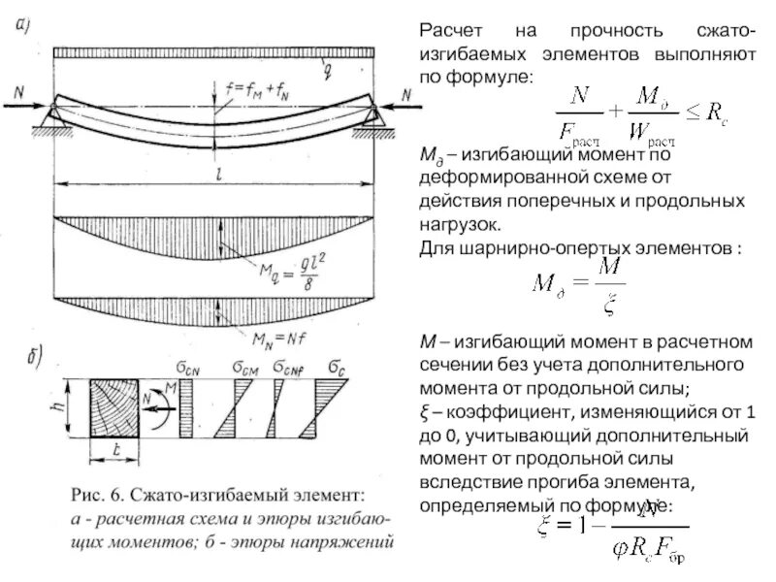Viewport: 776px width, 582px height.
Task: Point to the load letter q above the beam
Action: (x=329, y=68)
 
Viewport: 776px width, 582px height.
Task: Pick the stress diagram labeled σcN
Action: (x=189, y=406)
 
